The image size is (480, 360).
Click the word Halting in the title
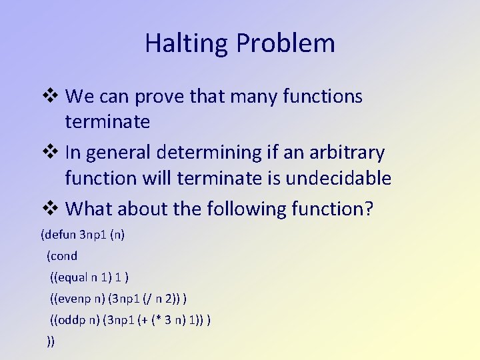click(x=177, y=43)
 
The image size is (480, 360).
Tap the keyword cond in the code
click(x=65, y=256)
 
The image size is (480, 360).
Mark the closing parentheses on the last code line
click(x=51, y=341)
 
